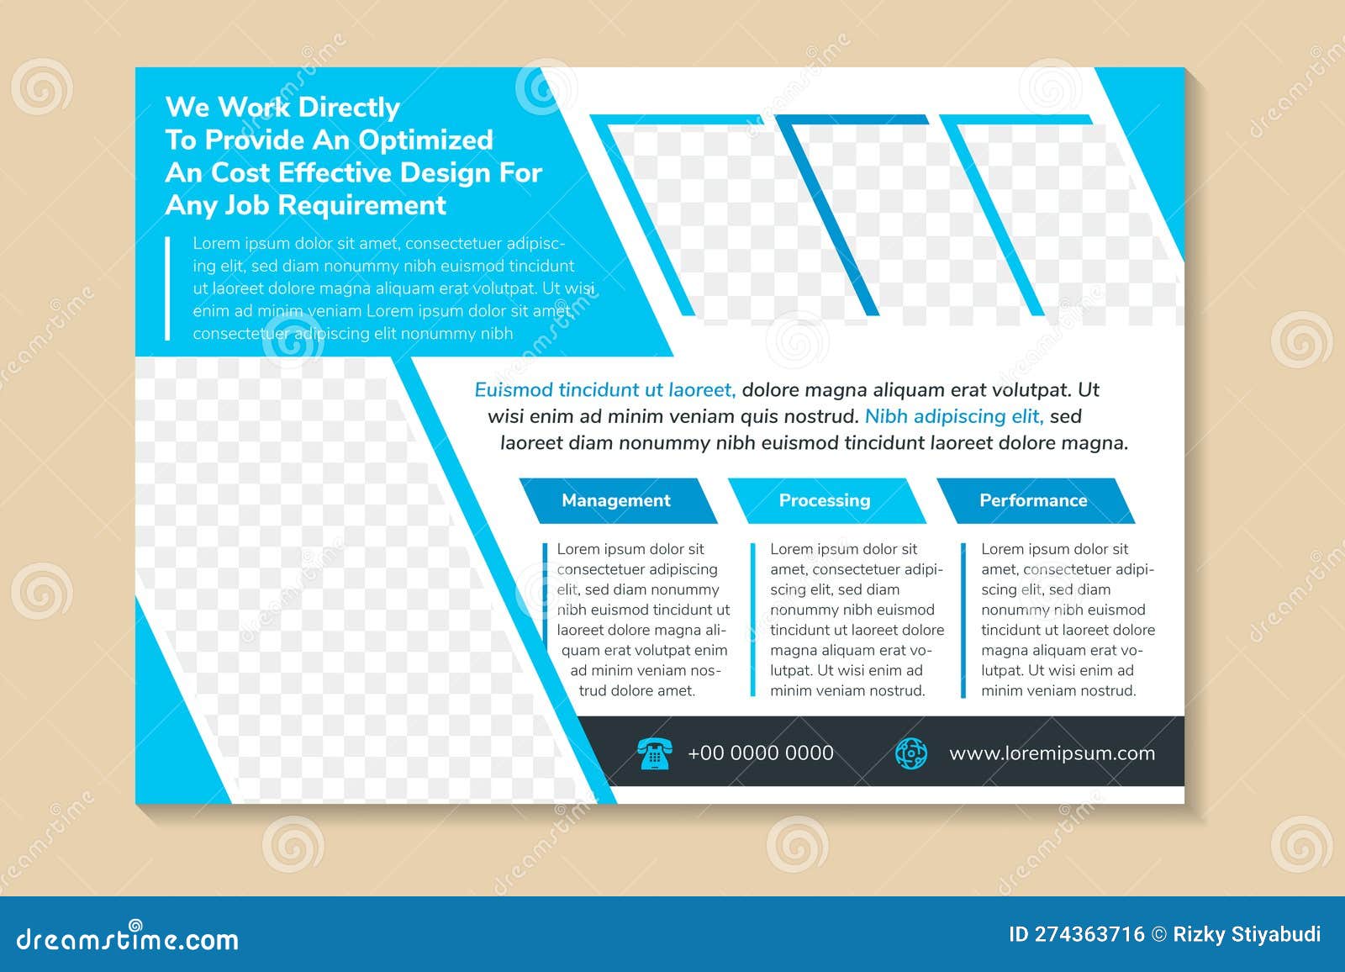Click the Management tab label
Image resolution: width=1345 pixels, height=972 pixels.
(x=615, y=500)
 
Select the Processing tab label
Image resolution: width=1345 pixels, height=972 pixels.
(x=824, y=500)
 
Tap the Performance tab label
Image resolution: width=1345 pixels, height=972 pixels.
(x=1033, y=500)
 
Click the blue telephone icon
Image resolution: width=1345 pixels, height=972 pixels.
(x=654, y=753)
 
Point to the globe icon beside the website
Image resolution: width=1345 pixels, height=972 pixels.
(x=910, y=753)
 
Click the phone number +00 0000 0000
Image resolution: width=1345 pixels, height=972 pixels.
(x=760, y=753)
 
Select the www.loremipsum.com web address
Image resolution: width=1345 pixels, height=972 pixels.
(x=1052, y=753)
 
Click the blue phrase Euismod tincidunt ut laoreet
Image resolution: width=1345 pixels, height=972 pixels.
(x=605, y=390)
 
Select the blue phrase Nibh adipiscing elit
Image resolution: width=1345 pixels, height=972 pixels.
(x=954, y=416)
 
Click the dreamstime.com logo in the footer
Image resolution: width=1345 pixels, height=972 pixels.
(x=128, y=938)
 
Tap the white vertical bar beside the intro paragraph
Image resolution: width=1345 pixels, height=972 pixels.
(x=168, y=288)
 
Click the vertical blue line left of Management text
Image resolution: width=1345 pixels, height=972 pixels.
(x=545, y=620)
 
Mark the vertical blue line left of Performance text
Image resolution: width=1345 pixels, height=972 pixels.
(x=963, y=620)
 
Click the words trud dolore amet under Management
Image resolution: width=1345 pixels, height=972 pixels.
(x=637, y=691)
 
